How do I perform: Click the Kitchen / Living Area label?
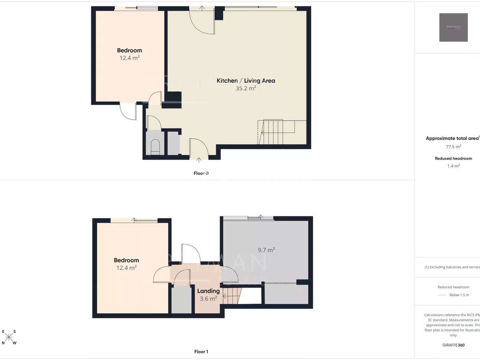pyautogui.click(x=246, y=80)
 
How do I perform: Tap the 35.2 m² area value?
pyautogui.click(x=246, y=88)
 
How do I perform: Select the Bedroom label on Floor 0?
pyautogui.click(x=129, y=50)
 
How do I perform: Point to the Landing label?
pyautogui.click(x=208, y=291)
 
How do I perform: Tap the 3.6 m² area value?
pyautogui.click(x=208, y=298)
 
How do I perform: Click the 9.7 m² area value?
pyautogui.click(x=266, y=250)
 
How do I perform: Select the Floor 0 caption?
pyautogui.click(x=201, y=173)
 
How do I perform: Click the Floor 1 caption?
pyautogui.click(x=201, y=352)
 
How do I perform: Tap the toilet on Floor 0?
pyautogui.click(x=155, y=147)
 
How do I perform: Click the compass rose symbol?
pyautogui.click(x=9, y=337)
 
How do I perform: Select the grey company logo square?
pyautogui.click(x=453, y=27)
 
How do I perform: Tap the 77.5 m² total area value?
pyautogui.click(x=453, y=147)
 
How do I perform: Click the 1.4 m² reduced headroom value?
pyautogui.click(x=453, y=166)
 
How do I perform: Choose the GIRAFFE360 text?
pyautogui.click(x=453, y=345)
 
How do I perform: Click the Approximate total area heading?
pyautogui.click(x=452, y=138)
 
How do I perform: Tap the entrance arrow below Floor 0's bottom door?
pyautogui.click(x=199, y=161)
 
